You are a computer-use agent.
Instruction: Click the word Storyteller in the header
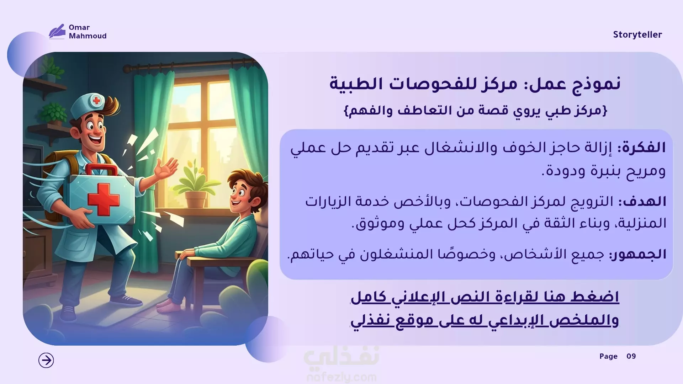coord(637,35)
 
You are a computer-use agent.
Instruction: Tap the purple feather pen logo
coord(57,31)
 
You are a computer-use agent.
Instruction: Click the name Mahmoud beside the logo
coord(88,36)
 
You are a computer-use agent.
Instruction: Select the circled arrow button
coord(46,360)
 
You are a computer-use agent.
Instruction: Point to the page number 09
coord(631,356)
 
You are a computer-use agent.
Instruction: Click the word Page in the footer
coord(608,357)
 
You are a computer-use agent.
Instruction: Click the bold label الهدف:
coord(642,202)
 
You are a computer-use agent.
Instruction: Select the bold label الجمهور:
coord(638,255)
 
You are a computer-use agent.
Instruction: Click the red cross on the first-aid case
coord(103,199)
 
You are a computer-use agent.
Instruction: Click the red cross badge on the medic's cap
coord(96,101)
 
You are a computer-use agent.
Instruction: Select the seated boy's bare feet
coord(170,305)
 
